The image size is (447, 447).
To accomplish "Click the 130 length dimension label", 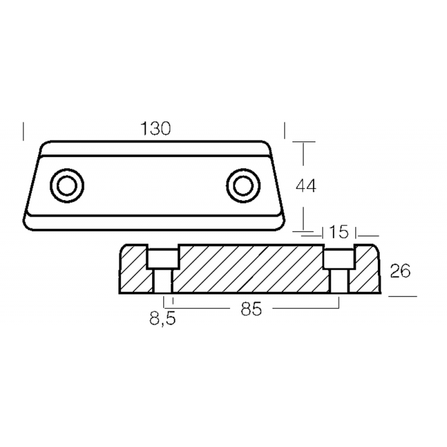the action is click(x=155, y=129).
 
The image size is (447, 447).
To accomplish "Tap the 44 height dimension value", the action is click(x=306, y=187).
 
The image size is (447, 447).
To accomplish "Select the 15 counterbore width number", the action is click(x=339, y=232).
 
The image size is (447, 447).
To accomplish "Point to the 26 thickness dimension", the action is click(x=400, y=271).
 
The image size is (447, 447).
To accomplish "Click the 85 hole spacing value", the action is click(x=251, y=309).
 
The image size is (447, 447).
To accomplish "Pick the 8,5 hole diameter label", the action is click(x=163, y=318).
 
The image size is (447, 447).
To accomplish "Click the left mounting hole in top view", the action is click(x=67, y=186).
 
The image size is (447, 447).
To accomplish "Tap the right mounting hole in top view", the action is click(x=243, y=186).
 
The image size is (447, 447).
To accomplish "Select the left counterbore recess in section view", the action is click(x=163, y=258).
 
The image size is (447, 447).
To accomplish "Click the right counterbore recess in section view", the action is click(x=339, y=258).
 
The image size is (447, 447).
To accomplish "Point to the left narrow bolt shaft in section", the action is click(x=163, y=281).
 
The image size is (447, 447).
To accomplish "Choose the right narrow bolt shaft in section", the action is click(x=339, y=281).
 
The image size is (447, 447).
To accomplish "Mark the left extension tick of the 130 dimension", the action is click(x=23, y=131).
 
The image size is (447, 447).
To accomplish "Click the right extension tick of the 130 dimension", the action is click(x=284, y=130).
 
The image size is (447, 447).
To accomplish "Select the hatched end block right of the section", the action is click(x=365, y=269).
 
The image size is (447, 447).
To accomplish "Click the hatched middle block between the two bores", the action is click(x=251, y=269).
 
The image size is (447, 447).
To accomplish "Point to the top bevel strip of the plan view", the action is click(x=155, y=149).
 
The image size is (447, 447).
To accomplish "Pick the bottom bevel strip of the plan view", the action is click(x=154, y=222).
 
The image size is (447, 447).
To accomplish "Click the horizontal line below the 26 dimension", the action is click(x=403, y=297).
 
